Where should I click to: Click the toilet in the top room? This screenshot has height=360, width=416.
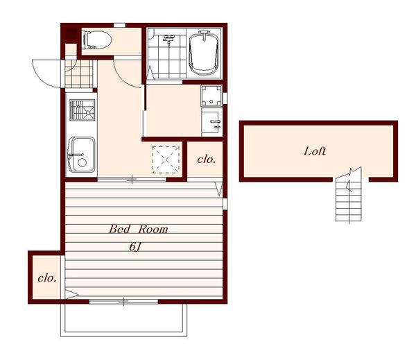pyautogui.click(x=97, y=40)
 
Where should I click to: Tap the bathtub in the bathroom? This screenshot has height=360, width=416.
pyautogui.click(x=204, y=53)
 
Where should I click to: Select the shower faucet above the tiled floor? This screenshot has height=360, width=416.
pyautogui.click(x=168, y=39)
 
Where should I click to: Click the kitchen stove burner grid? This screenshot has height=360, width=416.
pyautogui.click(x=83, y=110)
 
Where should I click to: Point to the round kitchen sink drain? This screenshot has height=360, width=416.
pyautogui.click(x=82, y=162)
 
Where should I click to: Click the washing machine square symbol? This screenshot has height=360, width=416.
pyautogui.click(x=211, y=96)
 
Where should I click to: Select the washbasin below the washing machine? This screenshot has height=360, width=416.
pyautogui.click(x=211, y=122)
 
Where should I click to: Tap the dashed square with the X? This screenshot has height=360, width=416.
pyautogui.click(x=166, y=160)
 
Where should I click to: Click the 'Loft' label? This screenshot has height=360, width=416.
pyautogui.click(x=315, y=151)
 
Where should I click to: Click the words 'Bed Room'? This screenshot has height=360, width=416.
pyautogui.click(x=138, y=229)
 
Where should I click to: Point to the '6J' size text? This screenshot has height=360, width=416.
pyautogui.click(x=135, y=247)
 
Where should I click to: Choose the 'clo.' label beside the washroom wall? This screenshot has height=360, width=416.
pyautogui.click(x=207, y=160)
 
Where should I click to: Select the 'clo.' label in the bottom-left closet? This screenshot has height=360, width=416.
pyautogui.click(x=47, y=278)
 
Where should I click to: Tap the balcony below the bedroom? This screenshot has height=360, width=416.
pyautogui.click(x=123, y=320)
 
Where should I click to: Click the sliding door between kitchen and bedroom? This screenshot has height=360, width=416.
pyautogui.click(x=132, y=180)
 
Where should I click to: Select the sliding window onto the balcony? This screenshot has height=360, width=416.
pyautogui.click(x=123, y=302)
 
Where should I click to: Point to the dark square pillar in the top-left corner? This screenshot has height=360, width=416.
pyautogui.click(x=71, y=34)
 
